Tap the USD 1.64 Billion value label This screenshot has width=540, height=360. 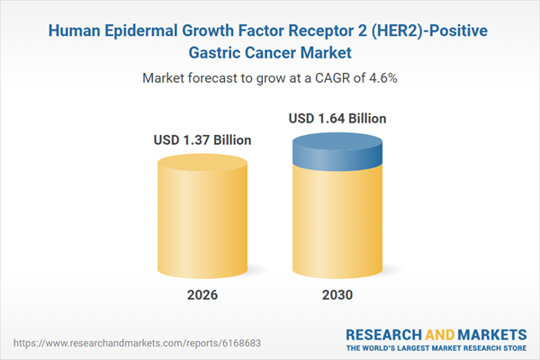337,118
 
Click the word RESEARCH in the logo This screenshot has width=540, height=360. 380,331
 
